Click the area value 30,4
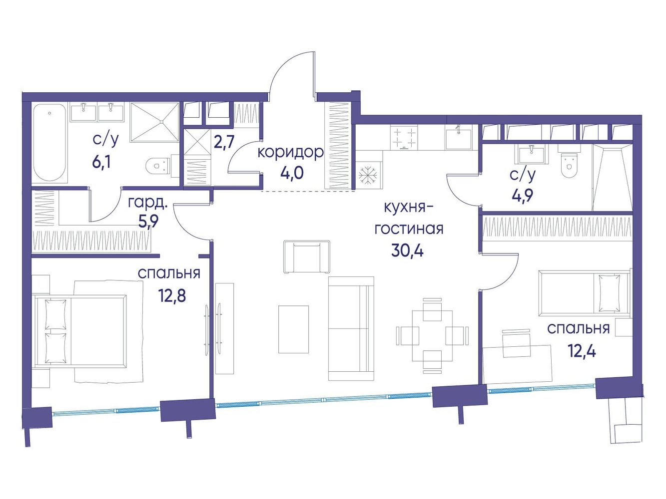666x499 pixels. click(407, 250)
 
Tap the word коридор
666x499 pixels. click(290, 153)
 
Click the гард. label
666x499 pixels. click(147, 203)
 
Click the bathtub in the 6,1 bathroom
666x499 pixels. click(49, 143)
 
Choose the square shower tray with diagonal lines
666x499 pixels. click(155, 122)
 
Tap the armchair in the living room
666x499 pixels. click(307, 257)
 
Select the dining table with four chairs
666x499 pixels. click(432, 335)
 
